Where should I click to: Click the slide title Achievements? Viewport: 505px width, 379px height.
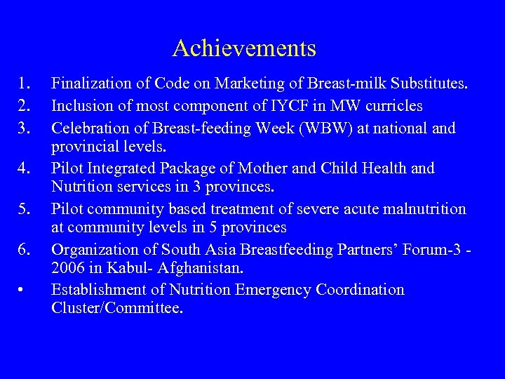point(244,48)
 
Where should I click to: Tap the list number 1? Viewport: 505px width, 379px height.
point(25,85)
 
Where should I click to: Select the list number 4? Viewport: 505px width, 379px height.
point(25,168)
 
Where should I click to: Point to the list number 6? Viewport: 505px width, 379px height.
point(25,249)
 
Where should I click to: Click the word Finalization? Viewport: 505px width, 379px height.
point(92,85)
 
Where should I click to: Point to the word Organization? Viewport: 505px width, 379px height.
point(95,249)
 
